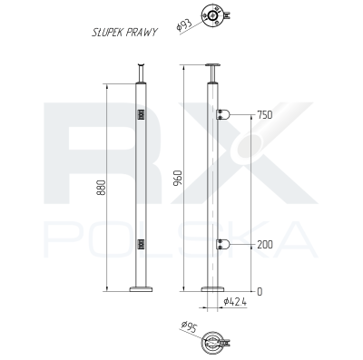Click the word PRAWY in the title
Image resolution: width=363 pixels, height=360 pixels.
[x=142, y=32]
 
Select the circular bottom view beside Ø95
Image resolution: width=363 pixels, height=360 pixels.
[x=214, y=341]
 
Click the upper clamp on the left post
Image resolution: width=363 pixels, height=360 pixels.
[x=141, y=115]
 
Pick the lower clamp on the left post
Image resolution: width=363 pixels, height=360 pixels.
[x=141, y=243]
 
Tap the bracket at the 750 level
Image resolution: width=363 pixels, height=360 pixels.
[x=225, y=114]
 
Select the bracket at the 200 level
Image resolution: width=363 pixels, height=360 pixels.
[x=225, y=245]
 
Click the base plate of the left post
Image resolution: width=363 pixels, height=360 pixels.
[x=141, y=289]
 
